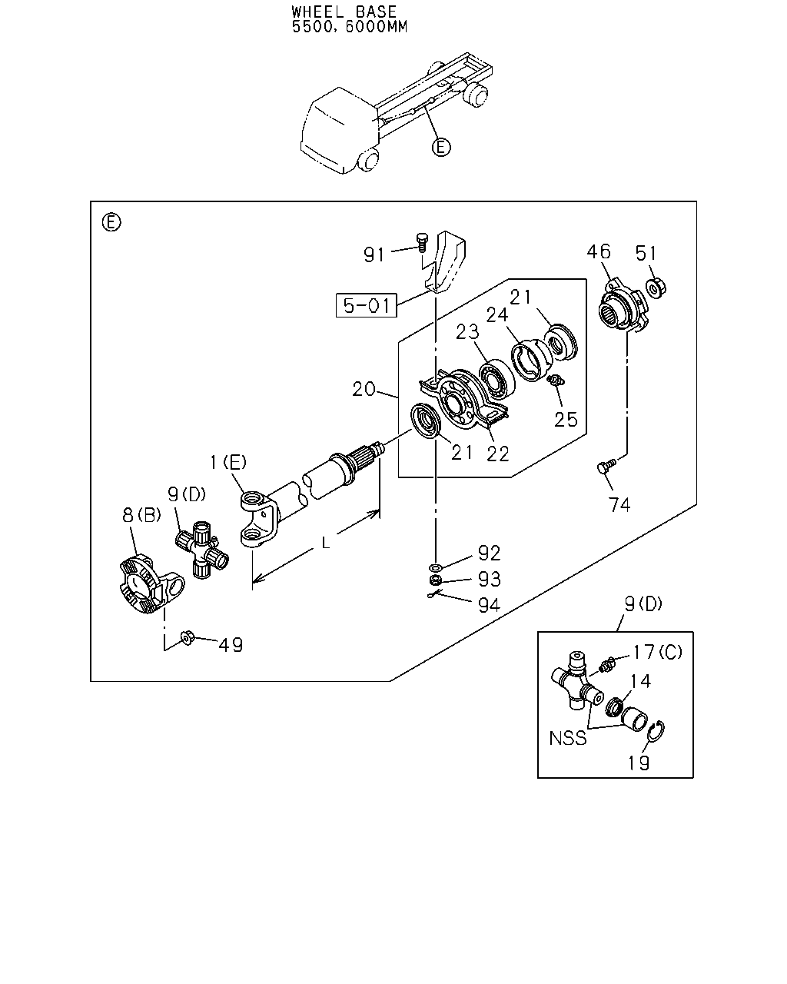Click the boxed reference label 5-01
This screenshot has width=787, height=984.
pyautogui.click(x=366, y=305)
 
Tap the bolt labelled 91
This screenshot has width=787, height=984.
pyautogui.click(x=422, y=242)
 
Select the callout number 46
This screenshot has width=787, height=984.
pyautogui.click(x=599, y=251)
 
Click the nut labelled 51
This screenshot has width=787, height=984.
pyautogui.click(x=656, y=288)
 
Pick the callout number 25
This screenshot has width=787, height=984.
pyautogui.click(x=566, y=419)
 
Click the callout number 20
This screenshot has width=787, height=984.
pyautogui.click(x=364, y=389)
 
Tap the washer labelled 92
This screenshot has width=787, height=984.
pyautogui.click(x=435, y=567)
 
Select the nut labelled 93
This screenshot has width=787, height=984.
pyautogui.click(x=435, y=580)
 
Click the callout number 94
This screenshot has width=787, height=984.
pyautogui.click(x=490, y=606)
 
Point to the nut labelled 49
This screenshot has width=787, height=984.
pyautogui.click(x=188, y=637)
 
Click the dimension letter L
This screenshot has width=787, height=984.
pyautogui.click(x=325, y=543)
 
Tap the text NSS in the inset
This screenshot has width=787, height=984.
pyautogui.click(x=567, y=738)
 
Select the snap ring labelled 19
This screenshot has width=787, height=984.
pyautogui.click(x=657, y=731)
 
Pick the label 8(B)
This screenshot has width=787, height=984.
pyautogui.click(x=141, y=515)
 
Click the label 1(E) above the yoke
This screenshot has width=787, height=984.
pyautogui.click(x=228, y=462)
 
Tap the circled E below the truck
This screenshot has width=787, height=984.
pyautogui.click(x=441, y=148)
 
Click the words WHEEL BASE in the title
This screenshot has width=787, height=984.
pyautogui.click(x=344, y=11)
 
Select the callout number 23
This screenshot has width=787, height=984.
pyautogui.click(x=467, y=332)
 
